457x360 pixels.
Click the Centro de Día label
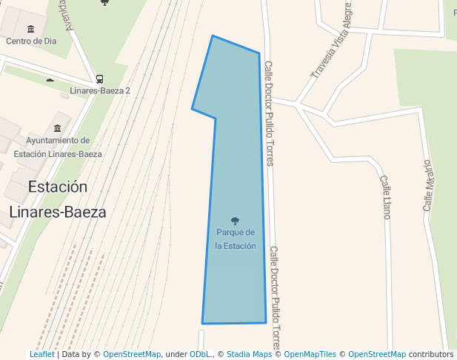(31, 41)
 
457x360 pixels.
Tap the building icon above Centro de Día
(31, 29)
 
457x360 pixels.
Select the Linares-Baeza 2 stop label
(100, 90)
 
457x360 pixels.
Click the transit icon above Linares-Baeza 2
(100, 79)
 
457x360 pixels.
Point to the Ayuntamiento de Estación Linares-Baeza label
(58, 147)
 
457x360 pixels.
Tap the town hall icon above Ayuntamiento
(58, 127)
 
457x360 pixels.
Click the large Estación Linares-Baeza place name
(58, 199)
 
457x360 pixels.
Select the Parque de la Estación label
(236, 239)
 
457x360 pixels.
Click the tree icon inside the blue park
(236, 221)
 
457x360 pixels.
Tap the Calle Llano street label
(385, 197)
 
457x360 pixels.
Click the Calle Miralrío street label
(427, 185)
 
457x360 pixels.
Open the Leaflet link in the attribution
(42, 354)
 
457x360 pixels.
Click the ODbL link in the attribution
(201, 354)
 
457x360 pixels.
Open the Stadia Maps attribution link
(249, 354)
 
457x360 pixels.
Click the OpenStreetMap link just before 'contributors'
(377, 354)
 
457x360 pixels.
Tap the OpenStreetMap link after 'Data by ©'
(132, 354)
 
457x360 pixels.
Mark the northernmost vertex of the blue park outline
(213, 36)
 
